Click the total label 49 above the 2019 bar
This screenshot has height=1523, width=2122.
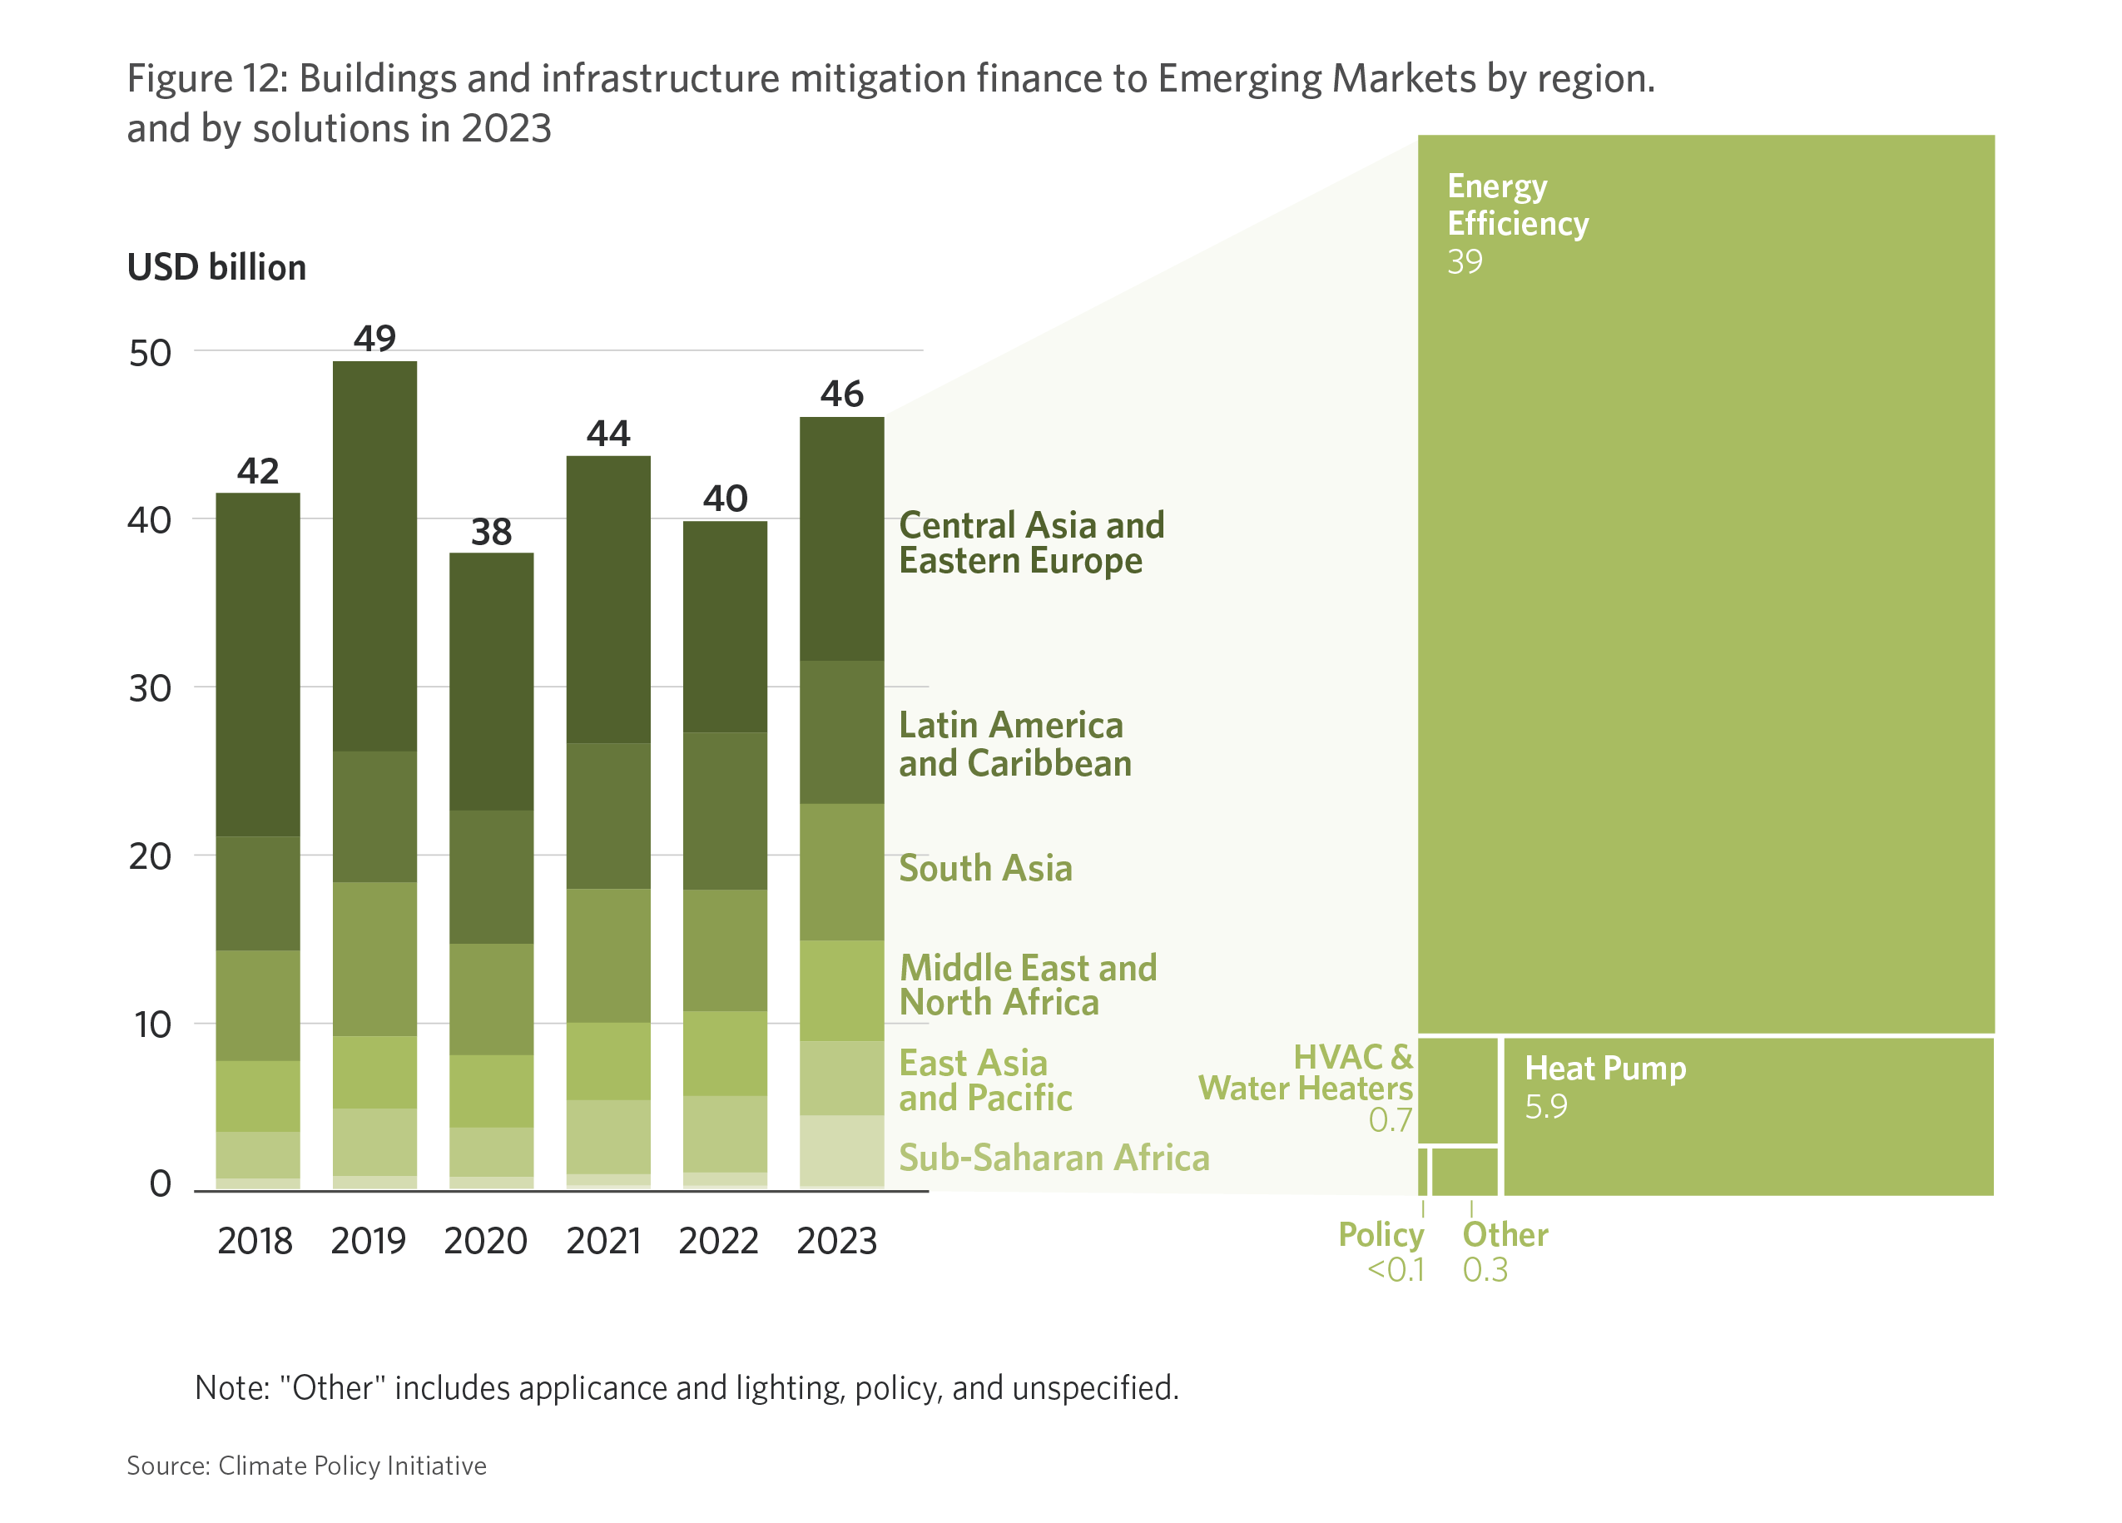click(x=374, y=338)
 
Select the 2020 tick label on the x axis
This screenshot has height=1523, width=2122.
click(x=486, y=1242)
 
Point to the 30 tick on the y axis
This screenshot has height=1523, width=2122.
click(x=150, y=688)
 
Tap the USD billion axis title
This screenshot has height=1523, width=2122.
click(x=216, y=267)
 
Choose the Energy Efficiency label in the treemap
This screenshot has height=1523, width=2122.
click(x=1517, y=205)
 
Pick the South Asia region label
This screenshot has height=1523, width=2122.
click(x=985, y=868)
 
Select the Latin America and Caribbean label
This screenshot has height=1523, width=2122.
click(x=1014, y=745)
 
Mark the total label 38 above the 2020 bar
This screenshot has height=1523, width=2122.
click(x=491, y=533)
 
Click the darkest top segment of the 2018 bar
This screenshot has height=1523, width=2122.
click(x=257, y=664)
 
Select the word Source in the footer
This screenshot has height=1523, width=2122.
click(x=166, y=1465)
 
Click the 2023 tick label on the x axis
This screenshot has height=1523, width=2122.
click(x=836, y=1242)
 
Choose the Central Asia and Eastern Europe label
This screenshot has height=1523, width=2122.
click(x=1031, y=543)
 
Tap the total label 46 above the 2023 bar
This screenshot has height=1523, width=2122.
click(x=841, y=394)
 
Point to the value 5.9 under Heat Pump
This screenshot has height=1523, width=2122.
click(x=1545, y=1108)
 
